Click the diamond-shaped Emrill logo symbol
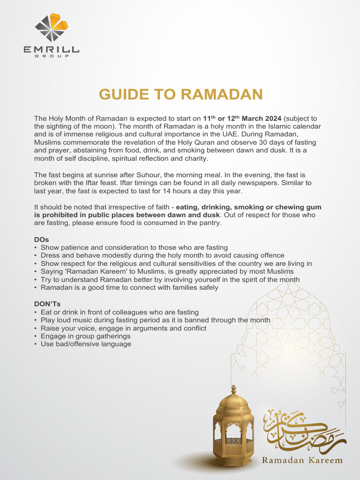52,28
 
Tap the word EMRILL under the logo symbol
52,49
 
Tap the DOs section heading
42,239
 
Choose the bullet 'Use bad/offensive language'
86,344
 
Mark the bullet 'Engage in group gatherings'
85,336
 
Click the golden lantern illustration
233,427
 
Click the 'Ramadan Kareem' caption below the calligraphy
302,460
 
